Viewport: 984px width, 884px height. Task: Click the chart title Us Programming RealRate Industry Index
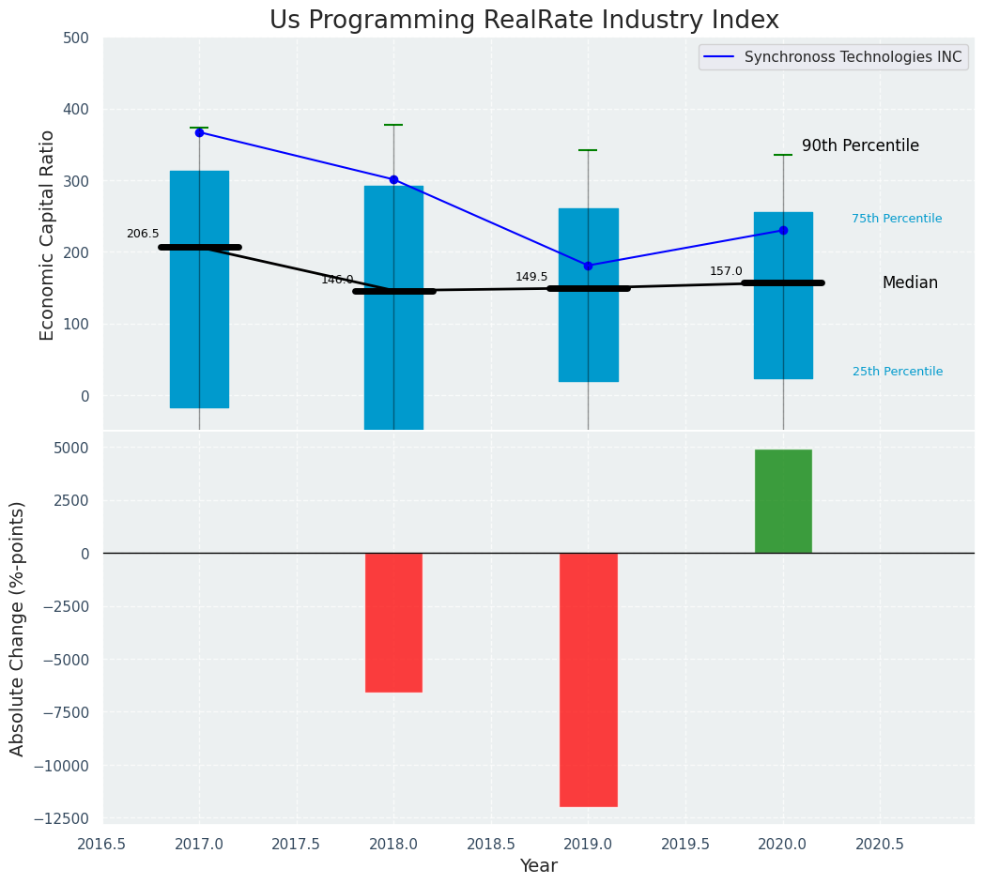click(x=524, y=21)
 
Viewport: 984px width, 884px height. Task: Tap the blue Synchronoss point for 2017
click(x=199, y=132)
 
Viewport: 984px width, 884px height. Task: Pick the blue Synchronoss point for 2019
click(x=588, y=266)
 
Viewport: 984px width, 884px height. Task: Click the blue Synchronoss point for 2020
click(x=783, y=230)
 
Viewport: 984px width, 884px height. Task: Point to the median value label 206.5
click(x=143, y=234)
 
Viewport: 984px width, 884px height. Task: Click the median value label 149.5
click(x=531, y=277)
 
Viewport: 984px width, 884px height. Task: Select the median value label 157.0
click(x=726, y=271)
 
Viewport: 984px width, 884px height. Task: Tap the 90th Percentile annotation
click(x=860, y=145)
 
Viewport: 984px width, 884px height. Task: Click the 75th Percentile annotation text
click(x=897, y=219)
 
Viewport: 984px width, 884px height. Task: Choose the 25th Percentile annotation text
click(x=898, y=372)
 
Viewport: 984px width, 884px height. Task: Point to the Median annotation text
click(x=910, y=282)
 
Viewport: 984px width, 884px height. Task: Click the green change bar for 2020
click(x=783, y=501)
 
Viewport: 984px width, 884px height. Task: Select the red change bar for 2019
click(x=589, y=679)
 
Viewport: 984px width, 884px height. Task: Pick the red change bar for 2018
click(x=393, y=622)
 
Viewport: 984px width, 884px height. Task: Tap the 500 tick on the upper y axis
click(x=76, y=38)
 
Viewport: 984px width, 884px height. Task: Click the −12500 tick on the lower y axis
click(x=62, y=818)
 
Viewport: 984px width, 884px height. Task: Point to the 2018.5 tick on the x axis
click(x=491, y=844)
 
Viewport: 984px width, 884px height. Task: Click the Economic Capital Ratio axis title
click(x=48, y=235)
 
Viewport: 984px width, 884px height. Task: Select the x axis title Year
click(x=539, y=866)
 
